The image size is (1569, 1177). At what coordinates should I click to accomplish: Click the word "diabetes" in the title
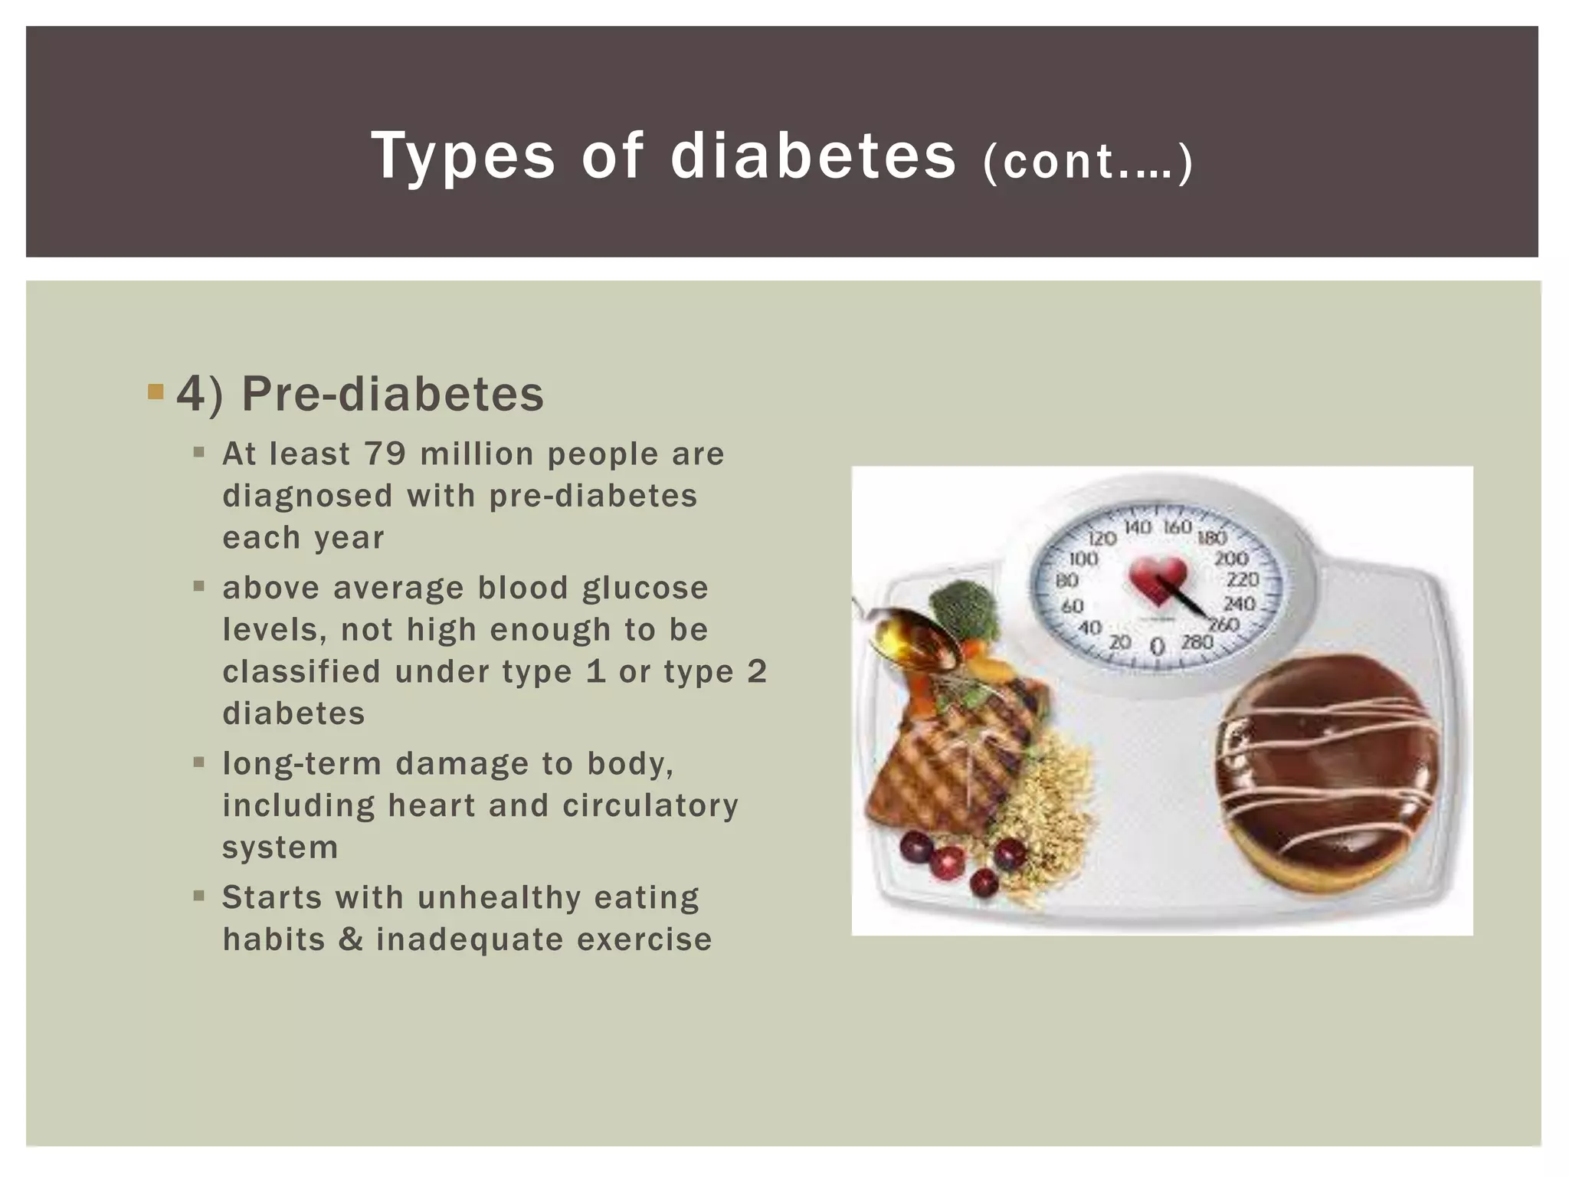click(813, 156)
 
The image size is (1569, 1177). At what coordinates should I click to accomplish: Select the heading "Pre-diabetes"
click(392, 395)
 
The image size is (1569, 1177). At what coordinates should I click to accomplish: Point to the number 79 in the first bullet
click(385, 454)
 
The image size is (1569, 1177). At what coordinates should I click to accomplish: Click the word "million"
click(477, 454)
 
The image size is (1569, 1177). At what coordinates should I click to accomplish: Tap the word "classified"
click(301, 672)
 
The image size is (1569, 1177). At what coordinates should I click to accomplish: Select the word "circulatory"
click(650, 805)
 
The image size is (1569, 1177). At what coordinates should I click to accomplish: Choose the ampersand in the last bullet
click(350, 939)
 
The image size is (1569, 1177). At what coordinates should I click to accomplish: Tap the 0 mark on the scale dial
click(1158, 648)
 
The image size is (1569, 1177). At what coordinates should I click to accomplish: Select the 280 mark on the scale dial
click(1197, 641)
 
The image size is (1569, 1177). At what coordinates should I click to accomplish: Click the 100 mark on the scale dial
click(1083, 558)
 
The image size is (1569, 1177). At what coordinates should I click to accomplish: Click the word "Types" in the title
click(463, 156)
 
